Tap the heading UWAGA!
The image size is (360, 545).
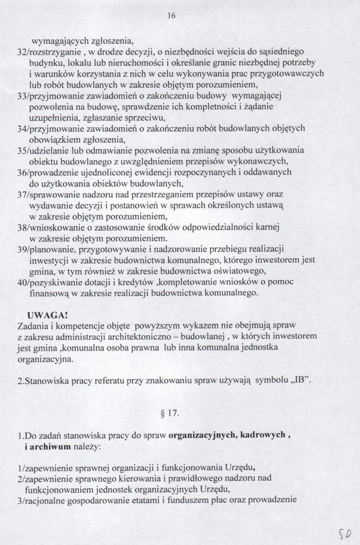click(x=48, y=314)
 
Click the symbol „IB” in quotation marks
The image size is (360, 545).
click(x=305, y=380)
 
